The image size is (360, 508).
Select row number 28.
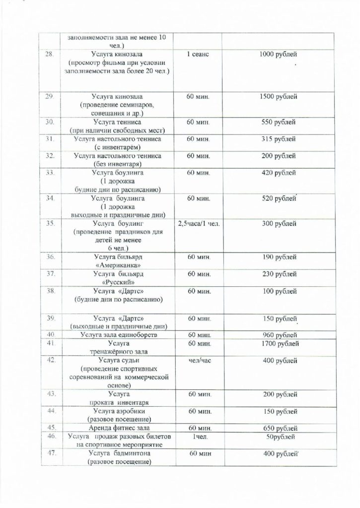[x=50, y=54]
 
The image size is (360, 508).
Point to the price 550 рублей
[x=278, y=122]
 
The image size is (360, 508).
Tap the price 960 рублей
[x=278, y=335]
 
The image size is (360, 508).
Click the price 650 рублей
[x=278, y=428]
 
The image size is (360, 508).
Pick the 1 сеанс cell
[x=198, y=54]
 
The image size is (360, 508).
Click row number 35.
[x=50, y=223]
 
